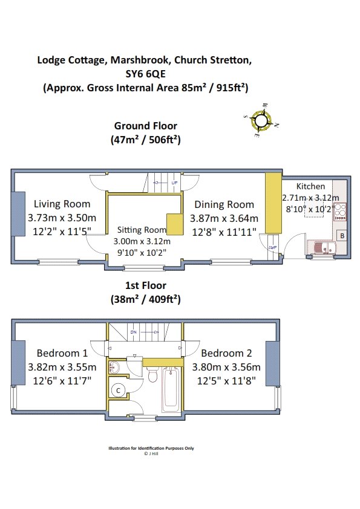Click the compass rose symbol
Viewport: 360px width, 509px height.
(261, 120)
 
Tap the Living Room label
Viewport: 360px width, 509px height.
(62, 204)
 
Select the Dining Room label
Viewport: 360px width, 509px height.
(224, 204)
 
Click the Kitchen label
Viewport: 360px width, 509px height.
(310, 186)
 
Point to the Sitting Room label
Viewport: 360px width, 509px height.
(142, 230)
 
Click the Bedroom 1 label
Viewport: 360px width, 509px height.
(62, 353)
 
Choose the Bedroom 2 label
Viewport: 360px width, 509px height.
(226, 353)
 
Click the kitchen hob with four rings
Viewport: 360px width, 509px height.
(340, 212)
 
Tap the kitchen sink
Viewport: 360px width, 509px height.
(322, 248)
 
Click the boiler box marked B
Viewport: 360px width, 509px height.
(342, 236)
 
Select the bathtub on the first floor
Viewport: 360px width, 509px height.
(171, 387)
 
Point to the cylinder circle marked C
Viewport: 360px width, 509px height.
(118, 390)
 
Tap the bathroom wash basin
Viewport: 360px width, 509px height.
(114, 367)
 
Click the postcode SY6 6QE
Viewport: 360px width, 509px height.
(146, 74)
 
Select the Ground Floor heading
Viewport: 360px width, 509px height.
(146, 126)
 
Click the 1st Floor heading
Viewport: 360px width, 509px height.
(146, 285)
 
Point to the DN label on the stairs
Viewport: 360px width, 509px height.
(134, 332)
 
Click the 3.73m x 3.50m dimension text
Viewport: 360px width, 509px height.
(62, 218)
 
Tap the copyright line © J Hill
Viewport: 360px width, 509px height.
(151, 454)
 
